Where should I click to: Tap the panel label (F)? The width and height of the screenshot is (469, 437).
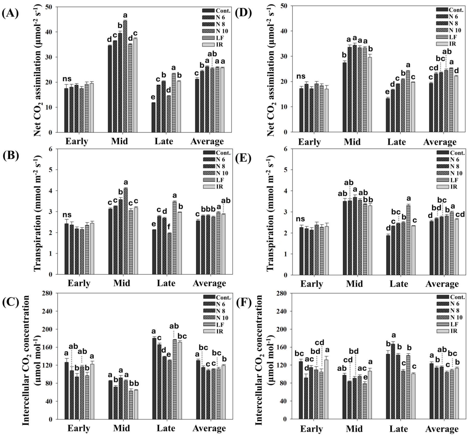[x=243, y=303]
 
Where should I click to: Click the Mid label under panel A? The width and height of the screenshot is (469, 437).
[x=119, y=141]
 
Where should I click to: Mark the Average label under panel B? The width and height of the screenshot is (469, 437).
[x=209, y=283]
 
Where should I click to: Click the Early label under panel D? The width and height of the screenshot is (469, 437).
[x=309, y=142]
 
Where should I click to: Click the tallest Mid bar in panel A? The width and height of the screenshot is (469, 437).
[x=125, y=76]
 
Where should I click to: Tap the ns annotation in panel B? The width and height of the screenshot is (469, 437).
[x=68, y=215]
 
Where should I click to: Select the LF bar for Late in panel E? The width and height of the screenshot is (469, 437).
[x=408, y=240]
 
